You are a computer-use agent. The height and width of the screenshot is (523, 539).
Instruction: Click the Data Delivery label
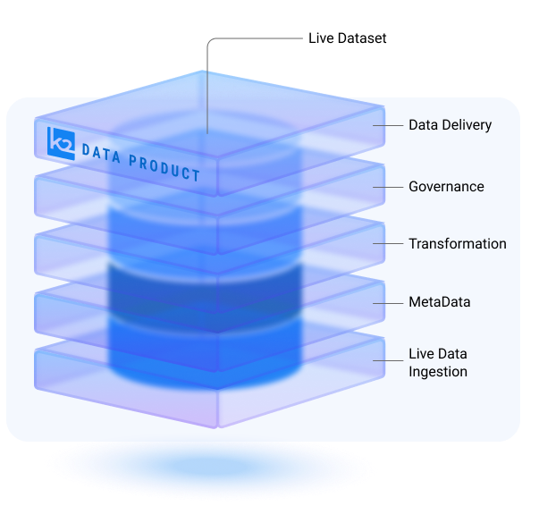tap(450, 125)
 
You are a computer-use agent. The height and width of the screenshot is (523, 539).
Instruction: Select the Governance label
tap(446, 187)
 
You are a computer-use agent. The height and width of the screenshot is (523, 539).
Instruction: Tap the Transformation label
tap(457, 244)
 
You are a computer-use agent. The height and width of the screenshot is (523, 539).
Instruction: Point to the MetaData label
tap(439, 302)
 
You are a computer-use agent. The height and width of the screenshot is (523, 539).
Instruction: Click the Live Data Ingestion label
tap(438, 363)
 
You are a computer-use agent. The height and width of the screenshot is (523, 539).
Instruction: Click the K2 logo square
tap(61, 143)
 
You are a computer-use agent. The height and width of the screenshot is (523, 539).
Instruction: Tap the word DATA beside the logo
tap(100, 153)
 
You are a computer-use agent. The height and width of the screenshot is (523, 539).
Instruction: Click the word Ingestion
tap(438, 372)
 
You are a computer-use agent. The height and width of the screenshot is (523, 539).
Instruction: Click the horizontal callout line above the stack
tap(256, 39)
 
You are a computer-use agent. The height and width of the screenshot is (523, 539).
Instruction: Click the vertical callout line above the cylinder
tap(207, 85)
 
